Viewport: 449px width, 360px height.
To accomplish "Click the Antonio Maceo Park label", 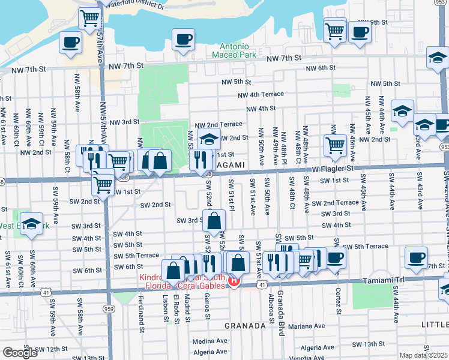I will click(x=234, y=50).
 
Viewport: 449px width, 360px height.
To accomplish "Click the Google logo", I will click(x=20, y=353).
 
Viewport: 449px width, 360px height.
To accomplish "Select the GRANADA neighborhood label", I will click(x=245, y=326).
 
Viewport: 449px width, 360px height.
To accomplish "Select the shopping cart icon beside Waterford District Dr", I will click(x=89, y=19).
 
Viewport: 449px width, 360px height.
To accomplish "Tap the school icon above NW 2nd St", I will click(x=208, y=139).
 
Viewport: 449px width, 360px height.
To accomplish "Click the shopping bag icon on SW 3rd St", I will click(x=215, y=221).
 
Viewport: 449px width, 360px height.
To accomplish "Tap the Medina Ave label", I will click(x=209, y=340).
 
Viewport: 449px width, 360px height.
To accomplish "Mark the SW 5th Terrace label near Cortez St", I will click(x=367, y=247).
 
